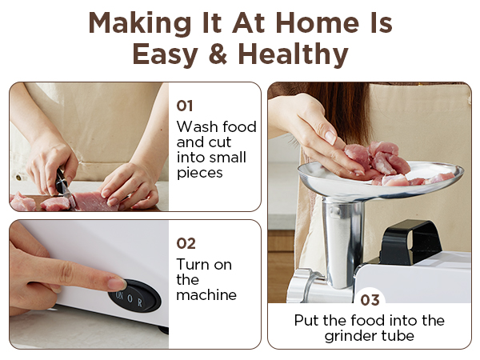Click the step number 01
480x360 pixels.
[x=184, y=104]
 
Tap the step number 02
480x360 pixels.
[x=186, y=242]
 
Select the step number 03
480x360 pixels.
[x=370, y=300]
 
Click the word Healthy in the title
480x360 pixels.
[x=294, y=54]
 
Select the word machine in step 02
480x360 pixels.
[x=206, y=294]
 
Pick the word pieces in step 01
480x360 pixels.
[x=200, y=173]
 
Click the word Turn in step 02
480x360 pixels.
[x=193, y=264]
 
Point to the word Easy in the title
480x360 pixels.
[x=165, y=54]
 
